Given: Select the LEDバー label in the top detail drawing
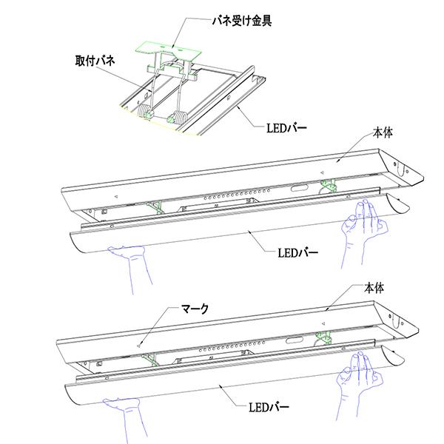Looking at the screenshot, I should tap(286, 128).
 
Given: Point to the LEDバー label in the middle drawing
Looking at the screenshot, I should tap(297, 252).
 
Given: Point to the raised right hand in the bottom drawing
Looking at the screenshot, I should tap(360, 375).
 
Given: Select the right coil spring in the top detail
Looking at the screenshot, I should tap(178, 117).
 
